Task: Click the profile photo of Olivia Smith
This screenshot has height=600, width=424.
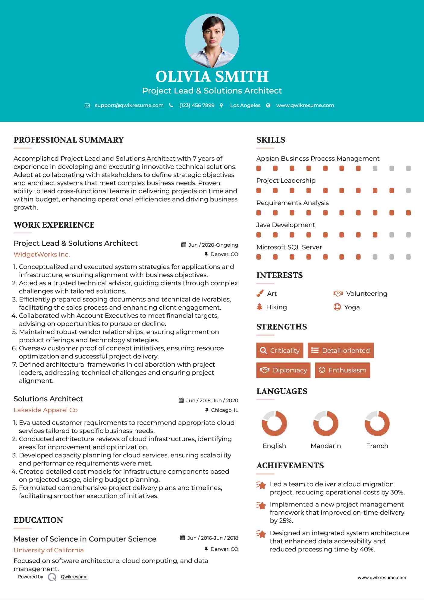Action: pyautogui.click(x=212, y=40)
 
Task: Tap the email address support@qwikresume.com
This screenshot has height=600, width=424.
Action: pyautogui.click(x=129, y=105)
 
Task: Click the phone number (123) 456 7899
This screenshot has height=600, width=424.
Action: pyautogui.click(x=197, y=105)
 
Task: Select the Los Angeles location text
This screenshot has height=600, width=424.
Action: pyautogui.click(x=245, y=105)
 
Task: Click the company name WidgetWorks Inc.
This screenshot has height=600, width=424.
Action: pyautogui.click(x=42, y=254)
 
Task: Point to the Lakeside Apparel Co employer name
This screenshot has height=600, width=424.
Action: pyautogui.click(x=46, y=410)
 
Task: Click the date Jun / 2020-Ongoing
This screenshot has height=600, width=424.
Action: pyautogui.click(x=213, y=245)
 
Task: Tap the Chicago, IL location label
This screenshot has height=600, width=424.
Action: pyautogui.click(x=225, y=410)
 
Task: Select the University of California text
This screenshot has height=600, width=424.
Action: pyautogui.click(x=49, y=550)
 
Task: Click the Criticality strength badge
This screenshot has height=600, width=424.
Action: pyautogui.click(x=280, y=350)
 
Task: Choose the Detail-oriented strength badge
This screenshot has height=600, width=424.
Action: pyautogui.click(x=341, y=350)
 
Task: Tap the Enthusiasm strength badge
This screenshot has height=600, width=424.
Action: pyautogui.click(x=342, y=370)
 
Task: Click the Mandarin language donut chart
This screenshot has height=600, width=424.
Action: pyautogui.click(x=326, y=424)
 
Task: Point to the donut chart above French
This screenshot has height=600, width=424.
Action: pyautogui.click(x=377, y=424)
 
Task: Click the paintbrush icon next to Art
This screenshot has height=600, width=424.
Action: pyautogui.click(x=260, y=293)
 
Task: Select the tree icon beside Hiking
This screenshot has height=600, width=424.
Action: pyautogui.click(x=259, y=307)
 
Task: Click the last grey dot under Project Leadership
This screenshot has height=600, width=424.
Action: pyautogui.click(x=408, y=191)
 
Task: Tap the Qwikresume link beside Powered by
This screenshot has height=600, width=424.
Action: pyautogui.click(x=74, y=577)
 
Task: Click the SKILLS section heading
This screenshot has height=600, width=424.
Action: pyautogui.click(x=271, y=140)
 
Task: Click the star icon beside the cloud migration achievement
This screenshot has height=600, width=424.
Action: pyautogui.click(x=261, y=485)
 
